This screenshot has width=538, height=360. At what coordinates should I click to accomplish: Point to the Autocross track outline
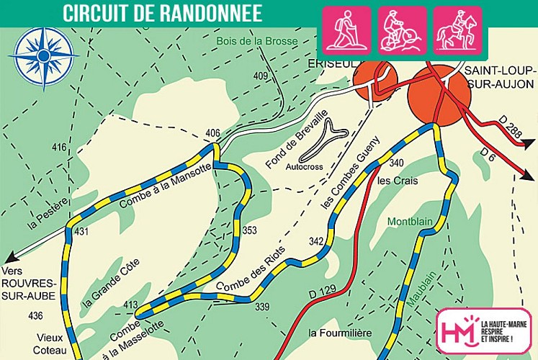click(x=324, y=140)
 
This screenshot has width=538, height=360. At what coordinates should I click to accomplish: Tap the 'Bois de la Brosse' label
click(x=257, y=42)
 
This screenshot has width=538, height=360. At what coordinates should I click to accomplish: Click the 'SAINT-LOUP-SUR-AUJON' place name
click(x=498, y=76)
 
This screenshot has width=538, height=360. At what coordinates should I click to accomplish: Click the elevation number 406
click(x=212, y=133)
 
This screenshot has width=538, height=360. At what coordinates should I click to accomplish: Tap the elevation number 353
click(x=249, y=231)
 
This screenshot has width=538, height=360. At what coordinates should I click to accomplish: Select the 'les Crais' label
click(x=397, y=181)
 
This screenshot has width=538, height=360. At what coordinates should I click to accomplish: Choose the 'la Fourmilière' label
click(x=340, y=333)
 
